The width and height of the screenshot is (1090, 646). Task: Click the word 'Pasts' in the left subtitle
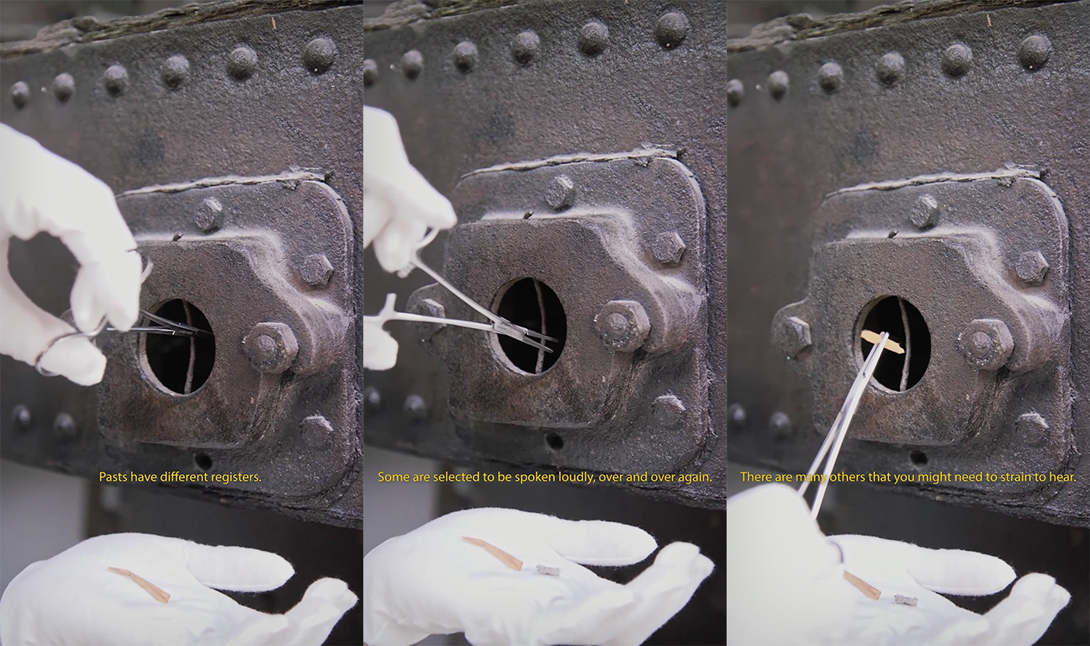111,477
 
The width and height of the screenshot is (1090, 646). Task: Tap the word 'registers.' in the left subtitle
239,478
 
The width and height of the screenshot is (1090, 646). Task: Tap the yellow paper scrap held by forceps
881,342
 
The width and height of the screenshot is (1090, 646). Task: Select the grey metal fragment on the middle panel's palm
548,570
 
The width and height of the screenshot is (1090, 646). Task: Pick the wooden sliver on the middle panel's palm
493,553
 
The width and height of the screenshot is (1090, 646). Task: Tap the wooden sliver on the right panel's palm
862,585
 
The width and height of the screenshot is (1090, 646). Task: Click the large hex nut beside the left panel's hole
268,347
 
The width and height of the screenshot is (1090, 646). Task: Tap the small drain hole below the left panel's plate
204,460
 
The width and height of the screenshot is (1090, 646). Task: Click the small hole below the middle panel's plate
554,441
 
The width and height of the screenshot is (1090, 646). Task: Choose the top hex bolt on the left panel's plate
209,214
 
